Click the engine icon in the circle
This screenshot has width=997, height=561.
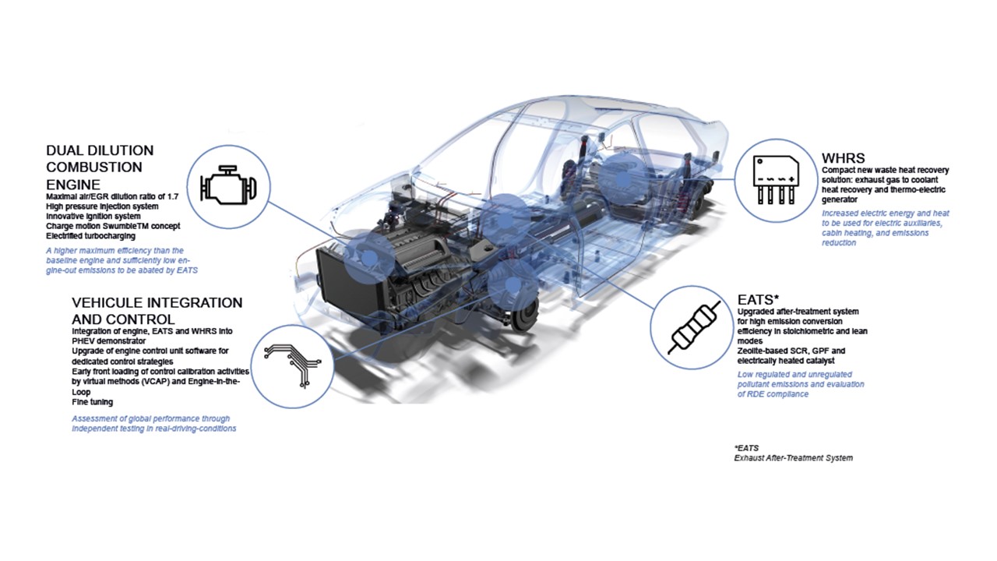point(228,185)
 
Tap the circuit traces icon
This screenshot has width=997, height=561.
point(292,365)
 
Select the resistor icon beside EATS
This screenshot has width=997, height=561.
point(694,328)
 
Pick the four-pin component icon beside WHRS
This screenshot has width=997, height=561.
point(776,180)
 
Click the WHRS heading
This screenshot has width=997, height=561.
point(843,158)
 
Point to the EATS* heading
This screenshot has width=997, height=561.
point(758,300)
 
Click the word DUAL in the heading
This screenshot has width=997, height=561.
point(65,150)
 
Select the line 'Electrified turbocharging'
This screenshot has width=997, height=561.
point(91,236)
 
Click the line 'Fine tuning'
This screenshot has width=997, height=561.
point(93,402)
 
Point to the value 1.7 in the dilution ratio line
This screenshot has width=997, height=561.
point(173,196)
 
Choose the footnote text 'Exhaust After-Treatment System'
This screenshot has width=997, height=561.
point(794,457)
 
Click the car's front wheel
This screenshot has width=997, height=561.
point(524,314)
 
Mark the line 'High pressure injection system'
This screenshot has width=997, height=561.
point(102,206)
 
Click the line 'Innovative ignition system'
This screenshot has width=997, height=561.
point(93,217)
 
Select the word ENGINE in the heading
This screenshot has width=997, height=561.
point(73,185)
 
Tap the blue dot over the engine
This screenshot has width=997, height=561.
point(368,258)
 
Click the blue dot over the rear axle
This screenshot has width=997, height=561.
point(623,179)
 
